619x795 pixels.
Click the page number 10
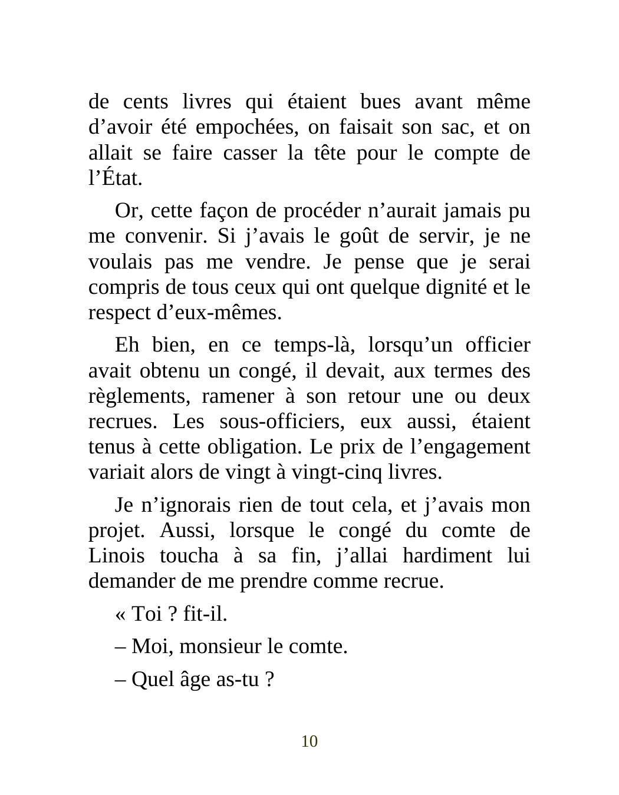pyautogui.click(x=309, y=741)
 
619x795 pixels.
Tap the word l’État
pyautogui.click(x=116, y=178)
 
